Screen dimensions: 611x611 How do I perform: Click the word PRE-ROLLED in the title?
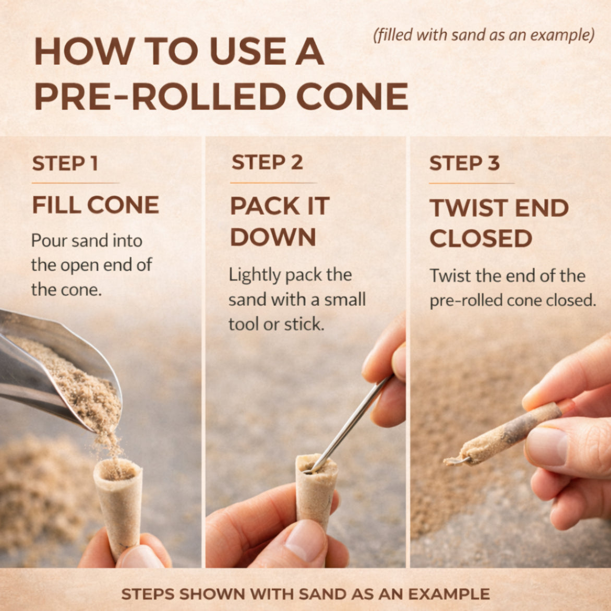pos(160,96)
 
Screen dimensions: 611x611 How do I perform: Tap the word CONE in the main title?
pos(352,96)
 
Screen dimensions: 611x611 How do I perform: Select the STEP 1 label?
pos(65,163)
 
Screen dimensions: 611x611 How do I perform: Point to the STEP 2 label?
pos(267,162)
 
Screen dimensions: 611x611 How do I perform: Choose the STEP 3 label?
pos(464,163)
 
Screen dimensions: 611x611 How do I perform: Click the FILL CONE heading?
pos(95,205)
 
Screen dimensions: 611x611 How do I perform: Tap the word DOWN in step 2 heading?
pos(273,237)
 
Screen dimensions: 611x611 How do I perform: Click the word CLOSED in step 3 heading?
pos(481,238)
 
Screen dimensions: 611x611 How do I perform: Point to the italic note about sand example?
pos(484,35)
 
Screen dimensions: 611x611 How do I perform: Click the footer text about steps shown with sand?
pos(306,594)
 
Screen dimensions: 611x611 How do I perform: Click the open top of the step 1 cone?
pos(118,469)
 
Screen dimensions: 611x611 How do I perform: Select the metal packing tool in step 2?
pos(349,424)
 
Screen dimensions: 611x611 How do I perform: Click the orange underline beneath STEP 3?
pos(472,183)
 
